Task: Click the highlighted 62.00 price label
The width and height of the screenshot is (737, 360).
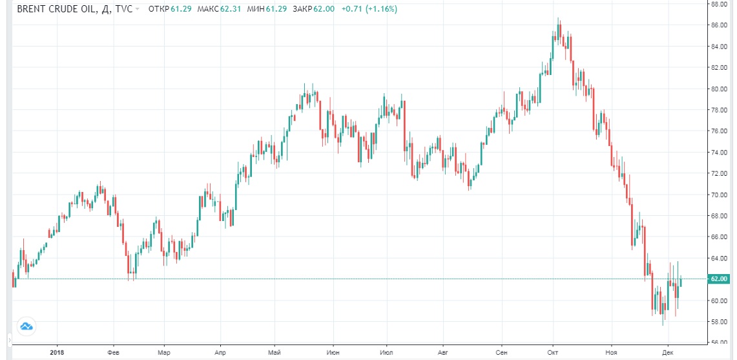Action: pyautogui.click(x=718, y=279)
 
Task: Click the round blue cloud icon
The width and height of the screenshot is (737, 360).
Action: pyautogui.click(x=26, y=326)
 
